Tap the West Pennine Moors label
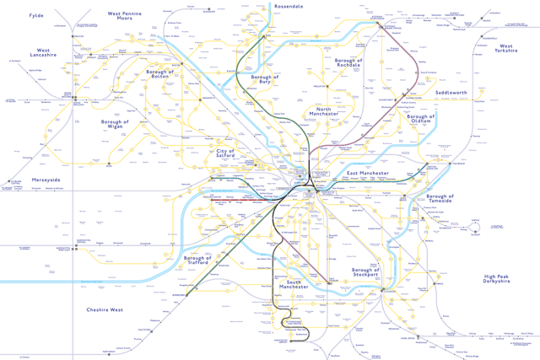[136, 18]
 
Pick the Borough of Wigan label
[114, 126]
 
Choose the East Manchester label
[368, 173]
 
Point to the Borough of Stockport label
[373, 275]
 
